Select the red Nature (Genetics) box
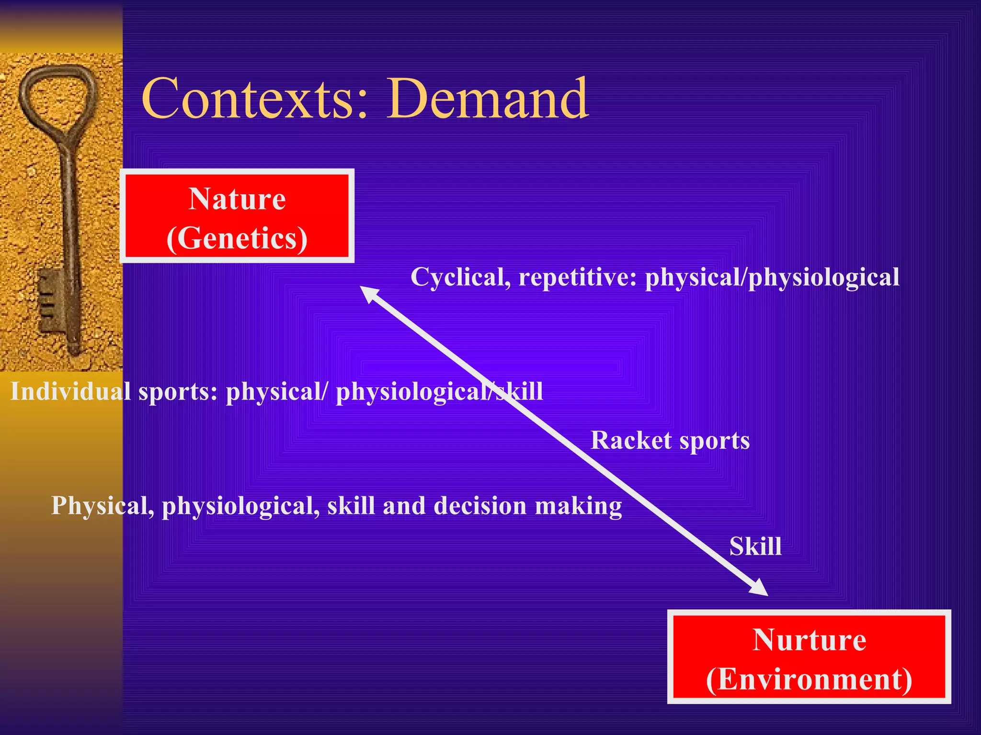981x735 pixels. (x=237, y=216)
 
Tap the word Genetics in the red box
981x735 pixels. (x=237, y=238)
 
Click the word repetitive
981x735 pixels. (x=577, y=278)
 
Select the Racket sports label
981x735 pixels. (x=670, y=441)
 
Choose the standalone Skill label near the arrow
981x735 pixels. (x=755, y=546)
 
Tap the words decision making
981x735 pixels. (x=527, y=506)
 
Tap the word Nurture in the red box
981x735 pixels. (x=809, y=640)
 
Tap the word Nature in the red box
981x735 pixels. (x=237, y=199)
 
